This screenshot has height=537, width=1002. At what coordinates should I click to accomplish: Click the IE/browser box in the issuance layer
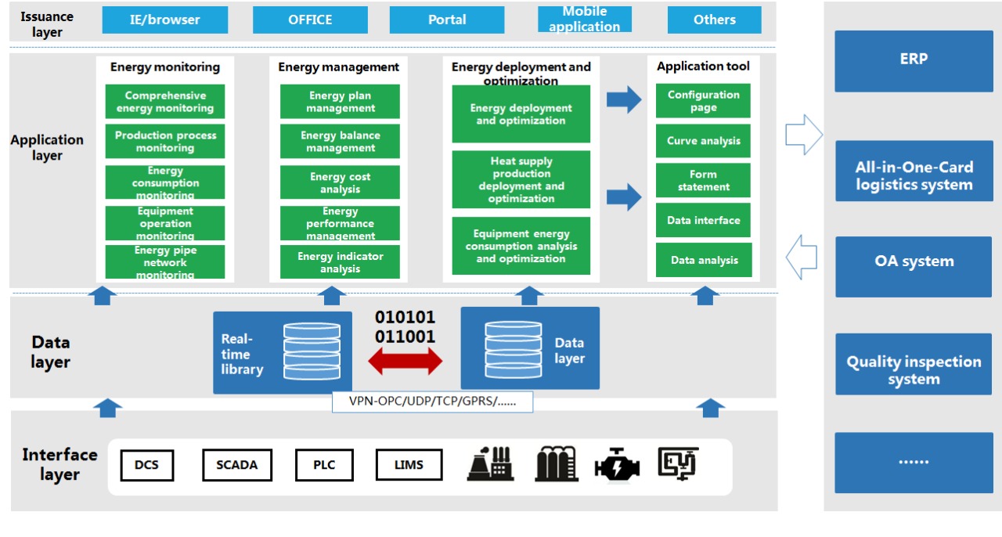pos(164,20)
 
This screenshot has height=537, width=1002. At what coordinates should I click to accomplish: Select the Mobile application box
pos(584,20)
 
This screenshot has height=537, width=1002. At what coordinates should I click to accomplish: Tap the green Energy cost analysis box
pos(340,182)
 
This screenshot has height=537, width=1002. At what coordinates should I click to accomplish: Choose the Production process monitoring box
pos(165,142)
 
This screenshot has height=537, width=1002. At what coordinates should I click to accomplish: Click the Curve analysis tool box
pos(703,141)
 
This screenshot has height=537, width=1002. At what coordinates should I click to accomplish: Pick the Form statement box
pos(703,181)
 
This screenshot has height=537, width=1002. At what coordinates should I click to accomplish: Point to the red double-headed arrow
pos(405,361)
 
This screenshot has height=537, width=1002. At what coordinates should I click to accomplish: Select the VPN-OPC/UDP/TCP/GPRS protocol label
pos(432,402)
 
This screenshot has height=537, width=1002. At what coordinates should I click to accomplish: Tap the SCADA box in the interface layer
pos(236,465)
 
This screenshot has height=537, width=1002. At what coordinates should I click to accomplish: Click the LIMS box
pos(409,465)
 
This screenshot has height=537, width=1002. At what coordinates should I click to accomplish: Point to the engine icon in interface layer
pos(617,465)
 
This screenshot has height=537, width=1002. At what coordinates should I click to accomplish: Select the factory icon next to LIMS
pos(489,464)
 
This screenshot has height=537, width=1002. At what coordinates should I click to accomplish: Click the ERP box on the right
pos(913,60)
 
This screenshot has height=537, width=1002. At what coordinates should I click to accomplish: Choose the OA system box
pos(913,262)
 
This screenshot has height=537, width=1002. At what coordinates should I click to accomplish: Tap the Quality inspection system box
pos(913,370)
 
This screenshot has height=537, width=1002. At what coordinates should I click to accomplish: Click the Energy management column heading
pos(338,67)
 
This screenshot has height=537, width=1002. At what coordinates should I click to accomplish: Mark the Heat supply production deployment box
pos(521,180)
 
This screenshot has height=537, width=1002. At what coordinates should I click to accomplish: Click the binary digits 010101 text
pos(405,318)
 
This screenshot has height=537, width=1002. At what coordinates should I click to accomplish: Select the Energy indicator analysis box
pos(340,262)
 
